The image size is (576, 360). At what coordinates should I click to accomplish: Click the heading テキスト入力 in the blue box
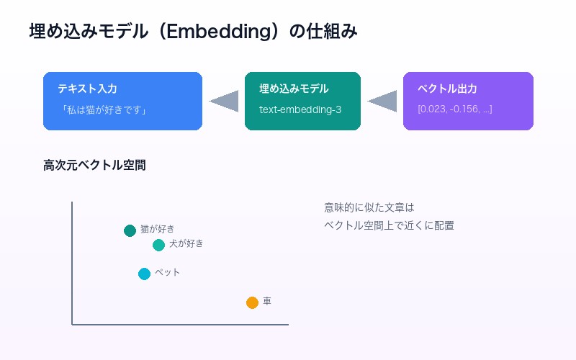pos(87,89)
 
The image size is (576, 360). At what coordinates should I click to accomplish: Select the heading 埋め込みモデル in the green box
pos(294,89)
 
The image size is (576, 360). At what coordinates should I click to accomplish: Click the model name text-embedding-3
pos(300,110)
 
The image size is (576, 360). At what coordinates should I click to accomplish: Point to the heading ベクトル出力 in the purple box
pos(447,89)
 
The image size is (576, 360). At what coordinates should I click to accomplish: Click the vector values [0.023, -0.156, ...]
pos(454,110)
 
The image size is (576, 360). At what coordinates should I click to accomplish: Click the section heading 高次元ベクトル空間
pos(94,166)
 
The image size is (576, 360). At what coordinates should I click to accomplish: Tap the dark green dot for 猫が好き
pos(130,230)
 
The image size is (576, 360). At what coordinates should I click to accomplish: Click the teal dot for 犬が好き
pos(158,245)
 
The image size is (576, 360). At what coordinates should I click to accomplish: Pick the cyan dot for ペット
pos(144,274)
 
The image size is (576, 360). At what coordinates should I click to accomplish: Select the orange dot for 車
pos(252,302)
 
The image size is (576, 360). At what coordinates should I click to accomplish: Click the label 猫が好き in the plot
pos(157,229)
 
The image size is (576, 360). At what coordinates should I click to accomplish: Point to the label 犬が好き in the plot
pos(186,243)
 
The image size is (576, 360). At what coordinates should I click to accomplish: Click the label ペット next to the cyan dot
pos(167,272)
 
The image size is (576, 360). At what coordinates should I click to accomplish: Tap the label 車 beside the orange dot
pos(267,301)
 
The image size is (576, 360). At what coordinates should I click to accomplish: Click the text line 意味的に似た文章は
pos(369,207)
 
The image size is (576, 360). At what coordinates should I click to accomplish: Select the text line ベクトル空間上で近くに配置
pos(389,225)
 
